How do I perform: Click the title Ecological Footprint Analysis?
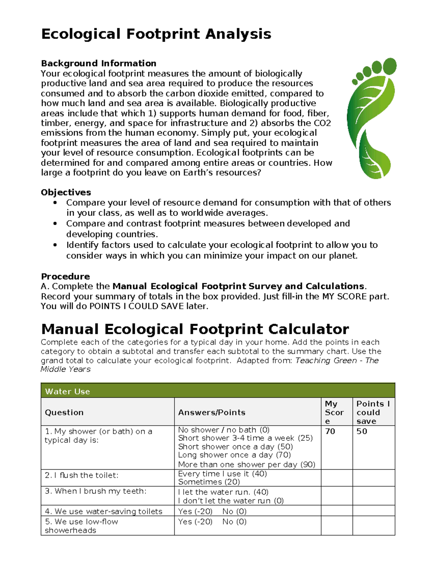(156, 34)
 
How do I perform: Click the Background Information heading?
(99, 63)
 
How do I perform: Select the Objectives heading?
(66, 192)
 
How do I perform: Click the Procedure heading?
(65, 276)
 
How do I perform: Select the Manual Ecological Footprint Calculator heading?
(195, 329)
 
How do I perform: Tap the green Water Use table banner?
(218, 391)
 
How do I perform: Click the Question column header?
(64, 412)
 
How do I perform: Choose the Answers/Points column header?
(211, 412)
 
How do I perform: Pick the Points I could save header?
(373, 412)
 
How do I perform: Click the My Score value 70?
(330, 431)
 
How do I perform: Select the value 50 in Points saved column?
(362, 431)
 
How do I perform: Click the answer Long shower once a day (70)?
(234, 455)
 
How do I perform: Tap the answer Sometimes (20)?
(209, 482)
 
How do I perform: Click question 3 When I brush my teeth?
(95, 491)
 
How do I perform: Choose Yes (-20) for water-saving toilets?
(195, 512)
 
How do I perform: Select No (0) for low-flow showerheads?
(234, 522)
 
